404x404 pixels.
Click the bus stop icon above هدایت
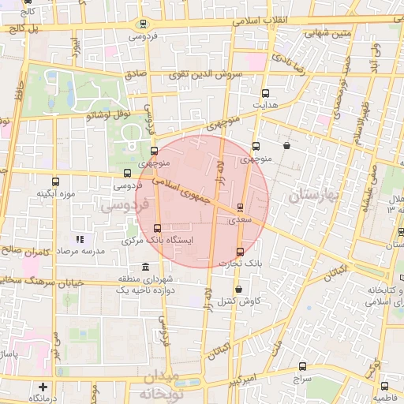pyautogui.click(x=264, y=93)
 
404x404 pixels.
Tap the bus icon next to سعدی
pyautogui.click(x=240, y=208)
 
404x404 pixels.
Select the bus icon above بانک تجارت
pyautogui.click(x=241, y=252)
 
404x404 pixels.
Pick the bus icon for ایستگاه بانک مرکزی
pyautogui.click(x=157, y=229)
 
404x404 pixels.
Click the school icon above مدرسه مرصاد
pyautogui.click(x=79, y=238)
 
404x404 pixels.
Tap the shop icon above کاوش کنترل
pyautogui.click(x=238, y=290)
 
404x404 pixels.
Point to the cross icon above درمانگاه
pyautogui.click(x=43, y=387)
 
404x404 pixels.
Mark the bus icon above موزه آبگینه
pyautogui.click(x=54, y=181)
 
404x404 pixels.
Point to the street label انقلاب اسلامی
pyautogui.click(x=260, y=20)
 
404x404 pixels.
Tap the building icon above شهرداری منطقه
pyautogui.click(x=144, y=267)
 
